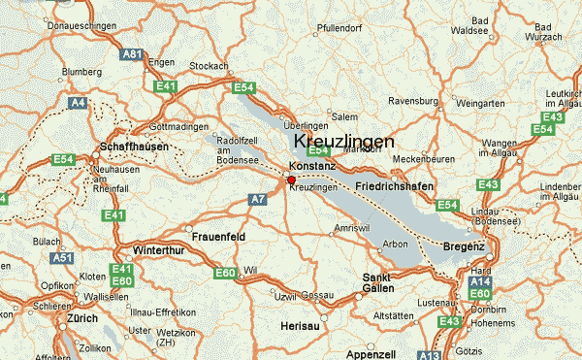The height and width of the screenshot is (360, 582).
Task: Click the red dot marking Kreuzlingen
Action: pos(291,180)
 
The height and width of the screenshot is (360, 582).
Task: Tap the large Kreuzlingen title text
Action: pos(343,142)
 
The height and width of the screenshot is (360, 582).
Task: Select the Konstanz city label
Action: pos(312,166)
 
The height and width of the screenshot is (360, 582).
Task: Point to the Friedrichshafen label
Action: pos(395,184)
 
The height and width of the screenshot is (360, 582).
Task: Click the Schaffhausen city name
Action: pos(135,147)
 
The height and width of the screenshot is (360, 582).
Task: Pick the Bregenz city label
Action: pos(464,247)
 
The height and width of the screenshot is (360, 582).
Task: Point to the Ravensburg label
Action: pos(414,100)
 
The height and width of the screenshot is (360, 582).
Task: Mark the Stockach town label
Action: pos(209,66)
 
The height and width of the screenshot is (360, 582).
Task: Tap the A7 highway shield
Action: pos(257,199)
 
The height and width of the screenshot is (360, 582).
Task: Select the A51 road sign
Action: pos(63,258)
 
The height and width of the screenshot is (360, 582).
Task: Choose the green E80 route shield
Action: pos(122,281)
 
